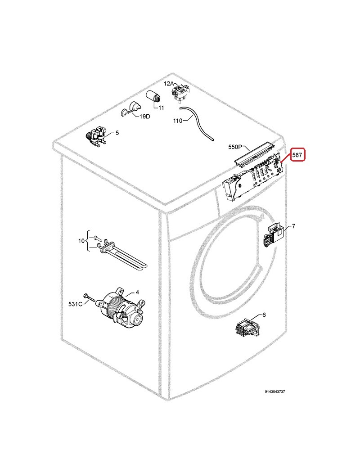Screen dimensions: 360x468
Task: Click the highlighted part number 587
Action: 297,155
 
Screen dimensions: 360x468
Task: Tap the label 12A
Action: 169,84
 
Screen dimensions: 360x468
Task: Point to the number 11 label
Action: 161,108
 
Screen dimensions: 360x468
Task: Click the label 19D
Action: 145,117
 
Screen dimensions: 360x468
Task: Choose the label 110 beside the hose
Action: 178,121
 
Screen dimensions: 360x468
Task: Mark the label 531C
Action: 75,304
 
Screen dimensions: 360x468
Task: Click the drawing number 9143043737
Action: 274,391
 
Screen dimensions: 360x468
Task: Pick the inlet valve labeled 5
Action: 96,137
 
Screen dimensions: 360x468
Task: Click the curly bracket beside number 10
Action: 87,241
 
